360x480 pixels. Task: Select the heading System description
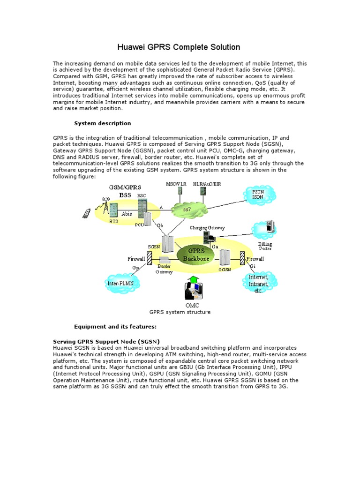[103, 123]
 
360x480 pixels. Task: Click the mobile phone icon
[87, 213]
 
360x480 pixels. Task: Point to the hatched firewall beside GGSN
[242, 258]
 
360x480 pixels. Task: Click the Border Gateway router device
[165, 261]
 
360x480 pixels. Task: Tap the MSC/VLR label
[176, 184]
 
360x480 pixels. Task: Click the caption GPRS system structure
[180, 312]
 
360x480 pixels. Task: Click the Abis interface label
[127, 213]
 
